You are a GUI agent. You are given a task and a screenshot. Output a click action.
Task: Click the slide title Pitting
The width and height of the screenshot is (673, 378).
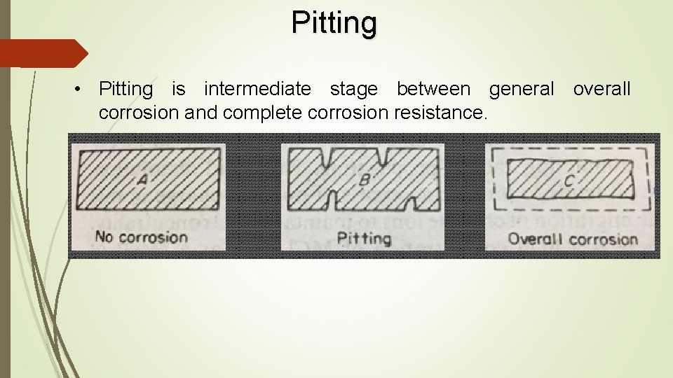pyautogui.click(x=334, y=22)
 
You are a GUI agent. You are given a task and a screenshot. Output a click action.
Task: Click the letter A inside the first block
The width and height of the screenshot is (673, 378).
pyautogui.click(x=142, y=179)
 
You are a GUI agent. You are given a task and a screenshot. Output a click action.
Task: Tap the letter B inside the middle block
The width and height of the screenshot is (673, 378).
pyautogui.click(x=365, y=179)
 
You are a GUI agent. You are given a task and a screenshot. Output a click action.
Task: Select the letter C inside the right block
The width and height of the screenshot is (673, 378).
pyautogui.click(x=569, y=181)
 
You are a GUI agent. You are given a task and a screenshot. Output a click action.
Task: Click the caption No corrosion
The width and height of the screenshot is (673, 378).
pyautogui.click(x=141, y=237)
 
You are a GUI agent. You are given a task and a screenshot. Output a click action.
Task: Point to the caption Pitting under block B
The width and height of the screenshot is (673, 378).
pyautogui.click(x=364, y=239)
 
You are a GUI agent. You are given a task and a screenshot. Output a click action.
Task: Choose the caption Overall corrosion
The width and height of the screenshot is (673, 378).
pyautogui.click(x=573, y=239)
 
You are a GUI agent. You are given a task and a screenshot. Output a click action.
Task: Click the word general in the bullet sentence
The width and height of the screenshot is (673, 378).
pyautogui.click(x=521, y=90)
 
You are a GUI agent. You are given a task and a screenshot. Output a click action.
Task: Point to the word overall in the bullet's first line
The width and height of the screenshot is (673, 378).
pyautogui.click(x=601, y=90)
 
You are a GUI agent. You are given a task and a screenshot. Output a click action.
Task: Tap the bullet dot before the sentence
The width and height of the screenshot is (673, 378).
pyautogui.click(x=83, y=90)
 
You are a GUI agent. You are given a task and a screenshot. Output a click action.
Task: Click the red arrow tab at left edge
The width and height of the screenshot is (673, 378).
pyautogui.click(x=42, y=53)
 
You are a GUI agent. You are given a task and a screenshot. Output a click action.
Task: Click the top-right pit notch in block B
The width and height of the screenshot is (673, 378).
pyautogui.click(x=383, y=155)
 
